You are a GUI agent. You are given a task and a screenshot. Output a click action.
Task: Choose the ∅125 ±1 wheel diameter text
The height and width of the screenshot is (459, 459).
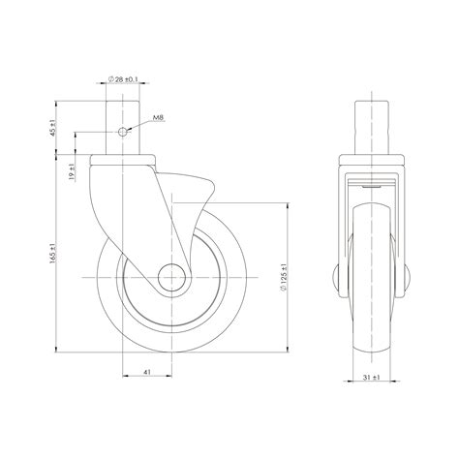click(x=285, y=276)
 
